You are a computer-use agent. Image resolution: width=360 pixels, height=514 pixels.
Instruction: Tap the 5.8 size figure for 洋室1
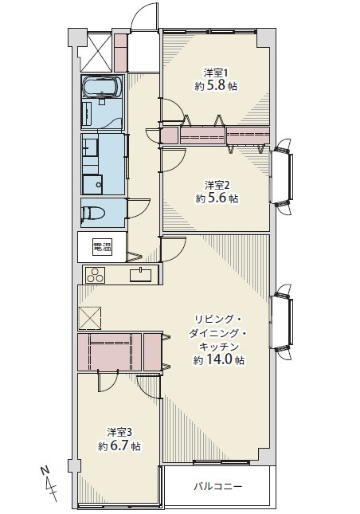click(216, 86)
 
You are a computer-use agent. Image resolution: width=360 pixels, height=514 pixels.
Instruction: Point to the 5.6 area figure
click(217, 198)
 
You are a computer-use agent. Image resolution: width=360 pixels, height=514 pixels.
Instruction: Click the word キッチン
click(219, 347)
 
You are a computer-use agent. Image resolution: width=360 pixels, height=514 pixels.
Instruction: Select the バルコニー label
click(218, 486)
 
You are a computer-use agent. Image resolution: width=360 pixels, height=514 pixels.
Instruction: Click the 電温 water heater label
click(102, 247)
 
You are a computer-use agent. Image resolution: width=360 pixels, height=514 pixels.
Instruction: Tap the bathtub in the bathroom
click(102, 87)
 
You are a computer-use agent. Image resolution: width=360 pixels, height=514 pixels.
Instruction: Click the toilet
click(94, 213)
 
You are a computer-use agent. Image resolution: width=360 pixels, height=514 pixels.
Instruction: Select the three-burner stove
click(96, 275)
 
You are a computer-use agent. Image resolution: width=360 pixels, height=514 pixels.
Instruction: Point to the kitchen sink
click(141, 275)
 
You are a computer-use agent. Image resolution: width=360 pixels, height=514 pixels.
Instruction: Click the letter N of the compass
click(45, 470)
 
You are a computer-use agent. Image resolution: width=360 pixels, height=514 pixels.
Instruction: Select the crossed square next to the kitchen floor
click(89, 318)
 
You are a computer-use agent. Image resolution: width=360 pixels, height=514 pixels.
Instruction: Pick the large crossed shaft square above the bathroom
click(96, 52)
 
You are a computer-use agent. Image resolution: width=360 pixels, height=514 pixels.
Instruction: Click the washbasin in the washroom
click(91, 147)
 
